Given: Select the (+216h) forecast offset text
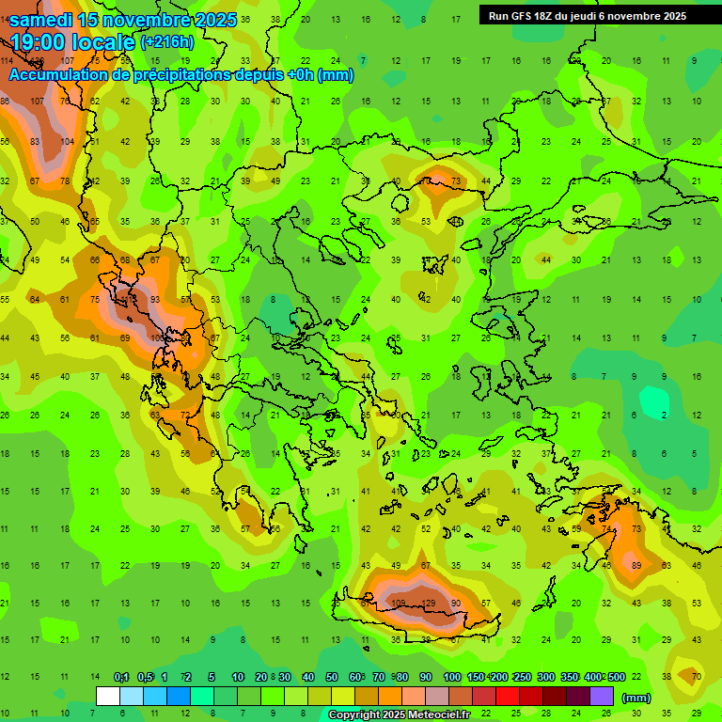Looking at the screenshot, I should (166, 42).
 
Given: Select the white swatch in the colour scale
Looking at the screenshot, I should (108, 696).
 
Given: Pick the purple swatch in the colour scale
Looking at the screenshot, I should (602, 696).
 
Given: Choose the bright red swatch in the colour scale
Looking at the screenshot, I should (508, 696).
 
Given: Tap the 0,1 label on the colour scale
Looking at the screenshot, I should (121, 678).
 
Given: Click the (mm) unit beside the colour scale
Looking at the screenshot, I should (636, 698).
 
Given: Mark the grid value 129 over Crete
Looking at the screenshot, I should (428, 604).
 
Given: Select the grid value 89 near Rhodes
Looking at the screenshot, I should (637, 566).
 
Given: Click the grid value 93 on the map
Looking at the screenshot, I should (156, 300).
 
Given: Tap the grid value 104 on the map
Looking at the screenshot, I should (67, 141).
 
